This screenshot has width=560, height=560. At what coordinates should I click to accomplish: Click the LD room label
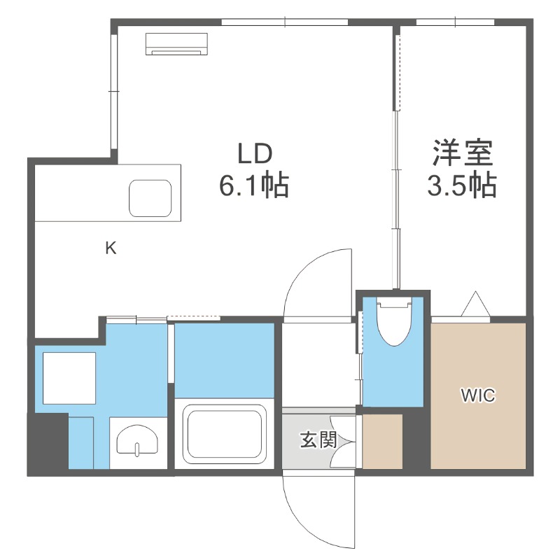click(253, 153)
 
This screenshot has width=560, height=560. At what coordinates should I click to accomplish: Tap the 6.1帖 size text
click(253, 185)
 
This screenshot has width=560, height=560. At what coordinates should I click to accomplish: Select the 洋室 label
click(462, 153)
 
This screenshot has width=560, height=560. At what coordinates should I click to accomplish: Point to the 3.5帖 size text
click(462, 185)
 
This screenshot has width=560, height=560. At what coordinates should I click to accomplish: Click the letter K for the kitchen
click(111, 246)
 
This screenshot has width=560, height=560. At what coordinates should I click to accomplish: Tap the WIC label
click(477, 395)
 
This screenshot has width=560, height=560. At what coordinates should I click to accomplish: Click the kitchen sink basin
click(150, 197)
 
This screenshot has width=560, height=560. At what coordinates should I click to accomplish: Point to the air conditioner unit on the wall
click(178, 43)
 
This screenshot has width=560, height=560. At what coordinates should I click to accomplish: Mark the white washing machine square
click(69, 378)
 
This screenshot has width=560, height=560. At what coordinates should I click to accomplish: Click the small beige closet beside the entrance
click(383, 441)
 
